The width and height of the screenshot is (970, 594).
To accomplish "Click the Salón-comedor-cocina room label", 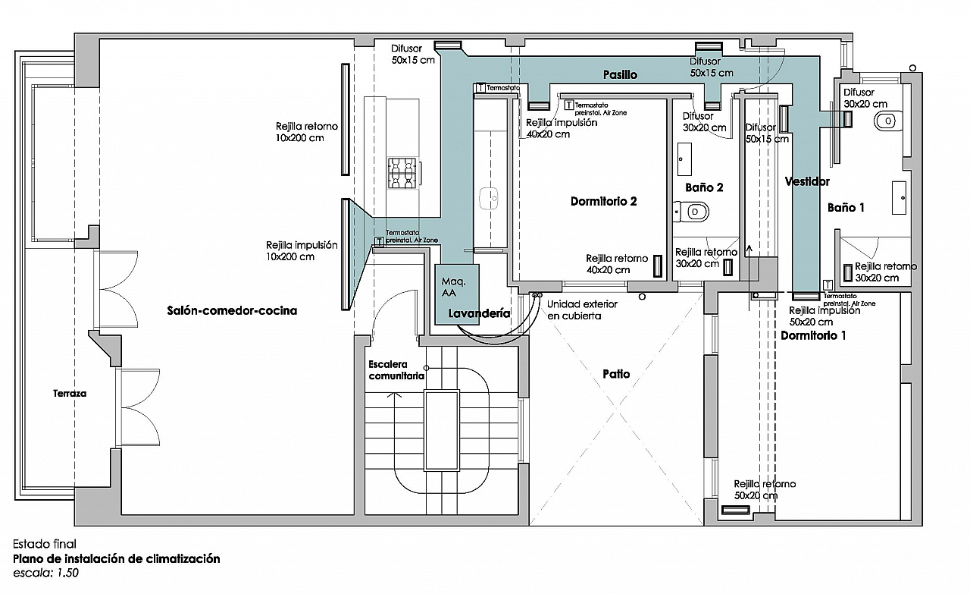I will point(232,310).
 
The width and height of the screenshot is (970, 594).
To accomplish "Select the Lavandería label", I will point(478,313).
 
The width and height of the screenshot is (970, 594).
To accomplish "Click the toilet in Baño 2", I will point(693,211).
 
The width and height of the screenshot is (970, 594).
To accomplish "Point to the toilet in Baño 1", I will point(885,120).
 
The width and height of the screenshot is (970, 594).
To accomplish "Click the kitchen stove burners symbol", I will point(402,173).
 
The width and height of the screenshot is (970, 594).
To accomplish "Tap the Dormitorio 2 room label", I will point(603,201).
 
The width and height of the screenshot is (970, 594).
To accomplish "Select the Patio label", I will point(616,373).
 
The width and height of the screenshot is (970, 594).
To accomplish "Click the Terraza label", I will point(70,394).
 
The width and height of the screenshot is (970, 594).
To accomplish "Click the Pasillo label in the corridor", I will point(620,74).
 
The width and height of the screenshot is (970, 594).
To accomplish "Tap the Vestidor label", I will point(807,181).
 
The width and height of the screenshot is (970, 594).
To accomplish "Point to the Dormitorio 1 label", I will point(813,335).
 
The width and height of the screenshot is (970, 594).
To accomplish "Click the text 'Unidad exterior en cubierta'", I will point(582,310).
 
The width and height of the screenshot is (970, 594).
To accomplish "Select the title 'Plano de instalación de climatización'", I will point(117,559).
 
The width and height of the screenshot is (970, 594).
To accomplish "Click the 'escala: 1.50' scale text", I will point(45,573).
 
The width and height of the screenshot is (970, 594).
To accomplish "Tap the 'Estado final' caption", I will point(44,544).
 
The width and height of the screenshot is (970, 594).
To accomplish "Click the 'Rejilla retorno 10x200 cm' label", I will point(306,132).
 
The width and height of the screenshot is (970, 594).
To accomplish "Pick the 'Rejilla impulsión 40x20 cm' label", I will point(561,128).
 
